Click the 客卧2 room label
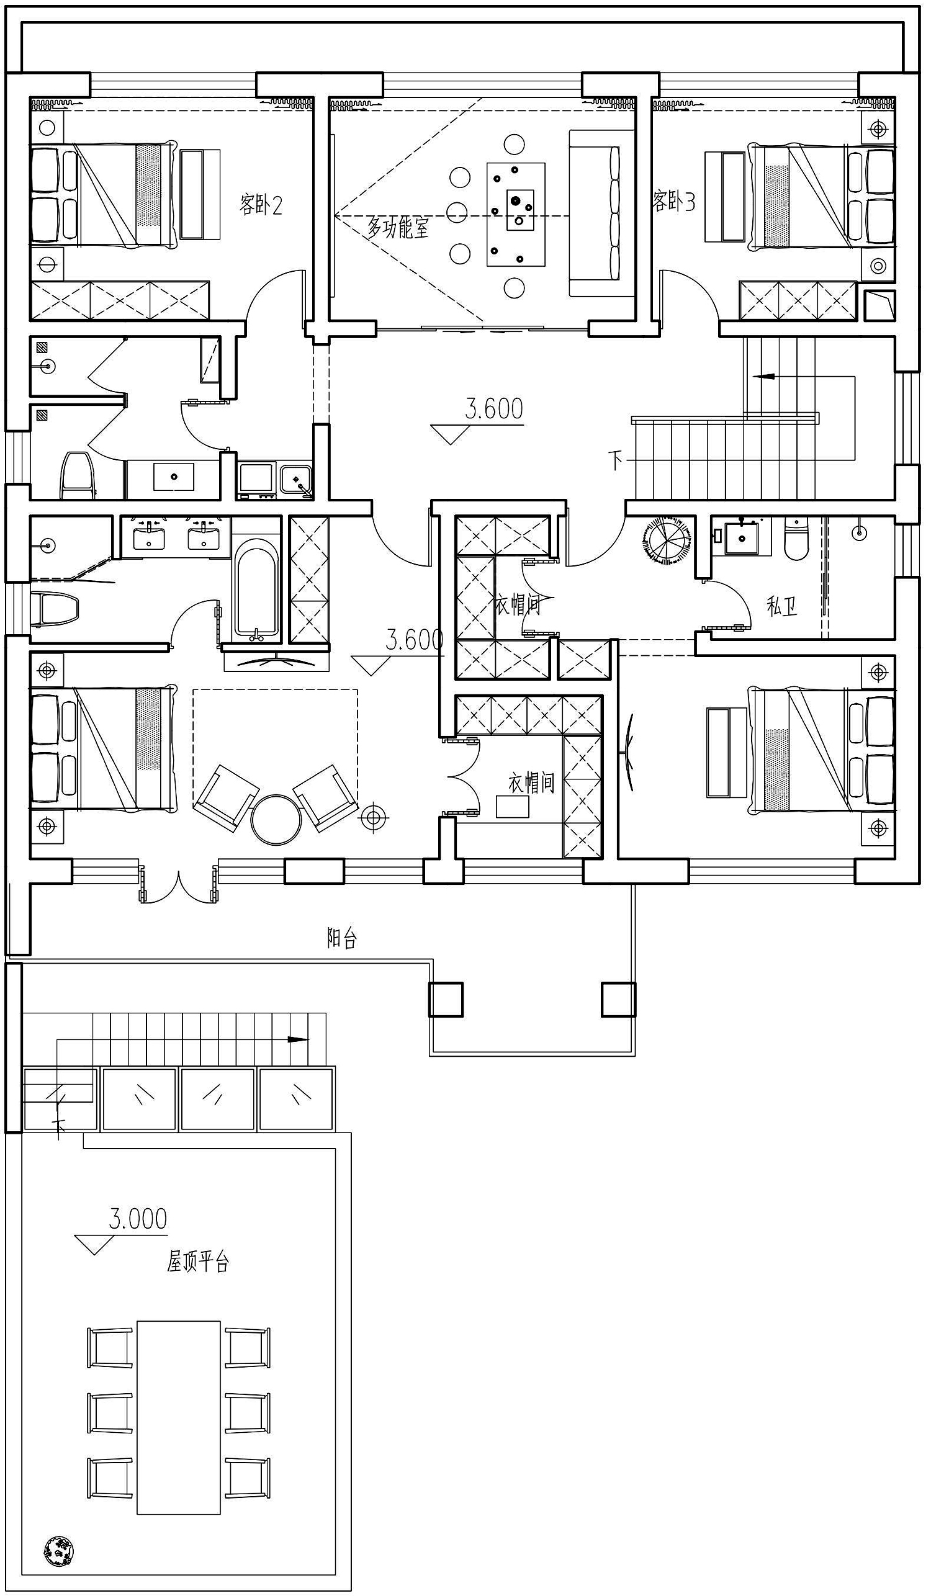pos(260,204)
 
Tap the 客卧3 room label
pos(674,202)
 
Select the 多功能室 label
pos(398,226)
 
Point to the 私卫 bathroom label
pos(781,607)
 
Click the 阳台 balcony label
pos(342,938)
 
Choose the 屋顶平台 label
pos(197,1275)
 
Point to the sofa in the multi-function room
pos(601,213)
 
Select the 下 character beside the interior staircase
pos(615,460)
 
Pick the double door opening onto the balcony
pos(179,881)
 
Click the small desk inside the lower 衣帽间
pos(513,806)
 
